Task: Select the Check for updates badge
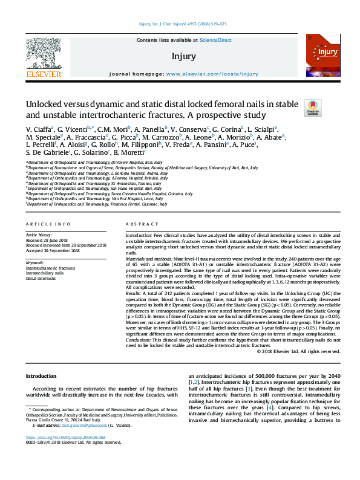313,108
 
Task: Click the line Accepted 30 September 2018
53,250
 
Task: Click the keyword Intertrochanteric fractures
50,268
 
